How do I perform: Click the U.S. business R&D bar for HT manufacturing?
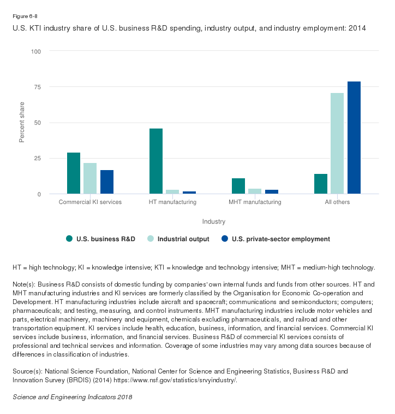coord(156,161)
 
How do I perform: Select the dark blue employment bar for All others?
coord(354,138)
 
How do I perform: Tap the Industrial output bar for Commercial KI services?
coord(90,178)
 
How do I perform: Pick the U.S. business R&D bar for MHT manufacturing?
coord(238,186)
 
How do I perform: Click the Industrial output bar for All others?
coord(337,143)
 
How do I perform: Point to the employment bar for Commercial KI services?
coord(107,182)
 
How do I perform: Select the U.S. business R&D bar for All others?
coord(321,184)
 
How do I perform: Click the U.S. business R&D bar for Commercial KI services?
coord(74,173)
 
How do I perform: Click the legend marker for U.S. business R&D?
coord(69,238)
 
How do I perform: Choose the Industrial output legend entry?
coord(183,239)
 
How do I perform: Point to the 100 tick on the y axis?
coord(37,51)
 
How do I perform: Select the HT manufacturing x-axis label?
coord(172,202)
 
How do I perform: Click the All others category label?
coord(337,202)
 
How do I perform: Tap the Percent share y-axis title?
coord(22,122)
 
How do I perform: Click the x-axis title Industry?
coord(214,221)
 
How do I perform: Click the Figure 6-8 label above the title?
coord(25,16)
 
